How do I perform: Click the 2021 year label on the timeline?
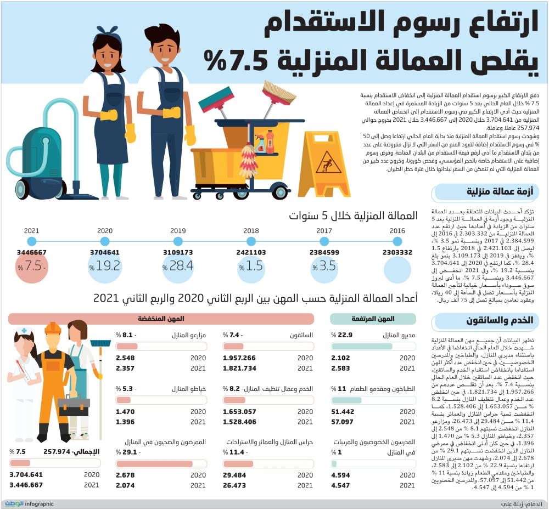pyautogui.click(x=32, y=231)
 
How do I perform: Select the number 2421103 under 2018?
pyautogui.click(x=251, y=253)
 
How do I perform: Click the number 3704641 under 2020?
pyautogui.click(x=105, y=253)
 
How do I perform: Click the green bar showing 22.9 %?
pyautogui.click(x=369, y=346)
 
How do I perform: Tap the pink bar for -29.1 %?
pyautogui.click(x=155, y=464)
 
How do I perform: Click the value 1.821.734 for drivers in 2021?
pyautogui.click(x=240, y=368)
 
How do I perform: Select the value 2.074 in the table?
pyautogui.click(x=125, y=485)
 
